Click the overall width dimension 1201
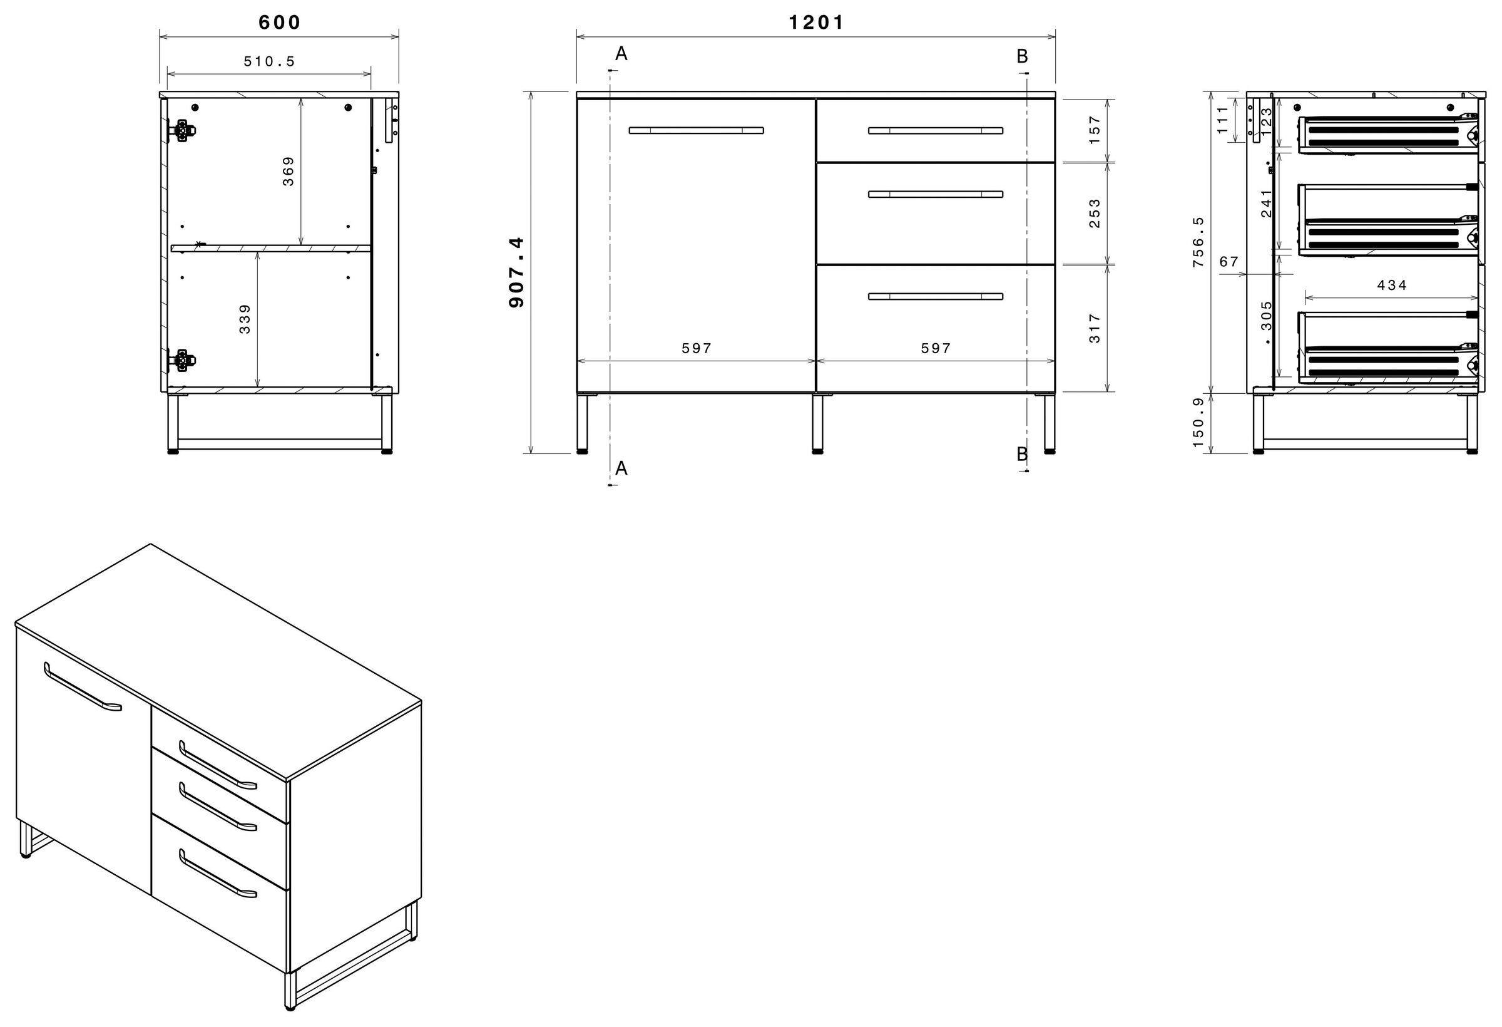[815, 23]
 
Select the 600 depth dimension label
[279, 23]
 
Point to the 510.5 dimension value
[269, 61]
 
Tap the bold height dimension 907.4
[517, 272]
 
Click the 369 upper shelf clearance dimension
[289, 172]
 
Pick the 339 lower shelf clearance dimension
[244, 319]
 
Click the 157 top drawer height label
[1094, 130]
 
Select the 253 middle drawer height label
[1094, 213]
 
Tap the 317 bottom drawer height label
[1094, 328]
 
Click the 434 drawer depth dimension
[1391, 285]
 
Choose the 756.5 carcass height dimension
[1198, 242]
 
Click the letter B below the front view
[1022, 454]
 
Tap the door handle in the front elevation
[696, 131]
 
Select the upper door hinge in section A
[182, 131]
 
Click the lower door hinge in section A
[181, 361]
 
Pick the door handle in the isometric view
[82, 688]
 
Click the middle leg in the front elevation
[817, 423]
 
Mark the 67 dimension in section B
[1229, 262]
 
